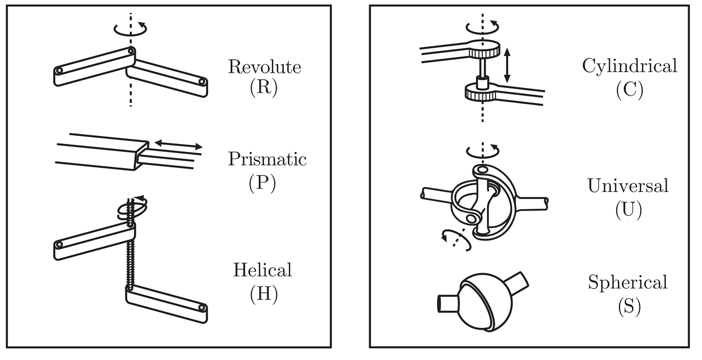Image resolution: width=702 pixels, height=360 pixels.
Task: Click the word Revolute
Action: point(264,67)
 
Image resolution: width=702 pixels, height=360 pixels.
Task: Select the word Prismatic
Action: point(267,159)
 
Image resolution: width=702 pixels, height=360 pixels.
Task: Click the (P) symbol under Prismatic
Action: point(262,184)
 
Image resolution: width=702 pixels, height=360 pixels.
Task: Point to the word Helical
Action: point(262,270)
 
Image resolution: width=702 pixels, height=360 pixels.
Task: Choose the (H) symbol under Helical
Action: point(263,294)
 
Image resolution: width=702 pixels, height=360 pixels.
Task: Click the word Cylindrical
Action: point(629,66)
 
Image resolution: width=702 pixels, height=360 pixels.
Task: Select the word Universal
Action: point(628,186)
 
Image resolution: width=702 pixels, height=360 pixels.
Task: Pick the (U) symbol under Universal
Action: point(628,210)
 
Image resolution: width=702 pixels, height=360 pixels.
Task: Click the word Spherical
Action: point(628,282)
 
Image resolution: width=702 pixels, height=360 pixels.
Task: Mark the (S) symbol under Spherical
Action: point(629,306)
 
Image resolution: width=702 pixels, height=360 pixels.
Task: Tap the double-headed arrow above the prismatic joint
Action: point(178,145)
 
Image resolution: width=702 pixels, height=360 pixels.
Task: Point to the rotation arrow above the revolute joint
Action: point(131,29)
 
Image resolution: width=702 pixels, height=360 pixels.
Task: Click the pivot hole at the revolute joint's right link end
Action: point(202,81)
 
